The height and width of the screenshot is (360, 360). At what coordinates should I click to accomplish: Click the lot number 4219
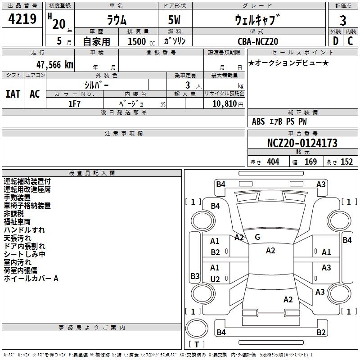click(x=22, y=19)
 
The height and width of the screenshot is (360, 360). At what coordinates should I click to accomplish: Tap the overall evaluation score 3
click(x=343, y=20)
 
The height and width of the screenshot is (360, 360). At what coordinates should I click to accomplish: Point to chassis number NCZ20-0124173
click(x=302, y=144)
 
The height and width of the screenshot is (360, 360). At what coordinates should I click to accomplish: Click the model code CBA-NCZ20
click(x=258, y=41)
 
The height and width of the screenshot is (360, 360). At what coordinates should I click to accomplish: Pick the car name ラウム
click(x=117, y=20)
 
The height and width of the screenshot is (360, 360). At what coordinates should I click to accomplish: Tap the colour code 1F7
click(x=74, y=103)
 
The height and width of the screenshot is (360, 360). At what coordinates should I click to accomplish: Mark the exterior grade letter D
click(x=335, y=41)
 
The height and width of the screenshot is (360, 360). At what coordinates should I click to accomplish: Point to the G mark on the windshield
click(x=257, y=237)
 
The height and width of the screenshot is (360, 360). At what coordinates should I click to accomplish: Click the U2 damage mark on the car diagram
click(x=215, y=279)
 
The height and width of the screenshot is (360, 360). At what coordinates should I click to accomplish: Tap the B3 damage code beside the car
click(x=195, y=276)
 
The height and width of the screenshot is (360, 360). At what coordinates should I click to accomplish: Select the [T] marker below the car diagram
click(x=196, y=345)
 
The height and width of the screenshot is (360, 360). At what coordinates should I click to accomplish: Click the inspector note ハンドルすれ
click(x=24, y=230)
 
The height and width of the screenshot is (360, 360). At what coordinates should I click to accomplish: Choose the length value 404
click(x=273, y=162)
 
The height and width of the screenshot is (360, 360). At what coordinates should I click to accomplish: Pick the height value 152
click(x=346, y=162)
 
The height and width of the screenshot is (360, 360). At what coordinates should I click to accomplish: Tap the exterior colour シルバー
click(x=96, y=85)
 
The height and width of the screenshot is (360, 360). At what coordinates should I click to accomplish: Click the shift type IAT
click(x=13, y=94)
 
